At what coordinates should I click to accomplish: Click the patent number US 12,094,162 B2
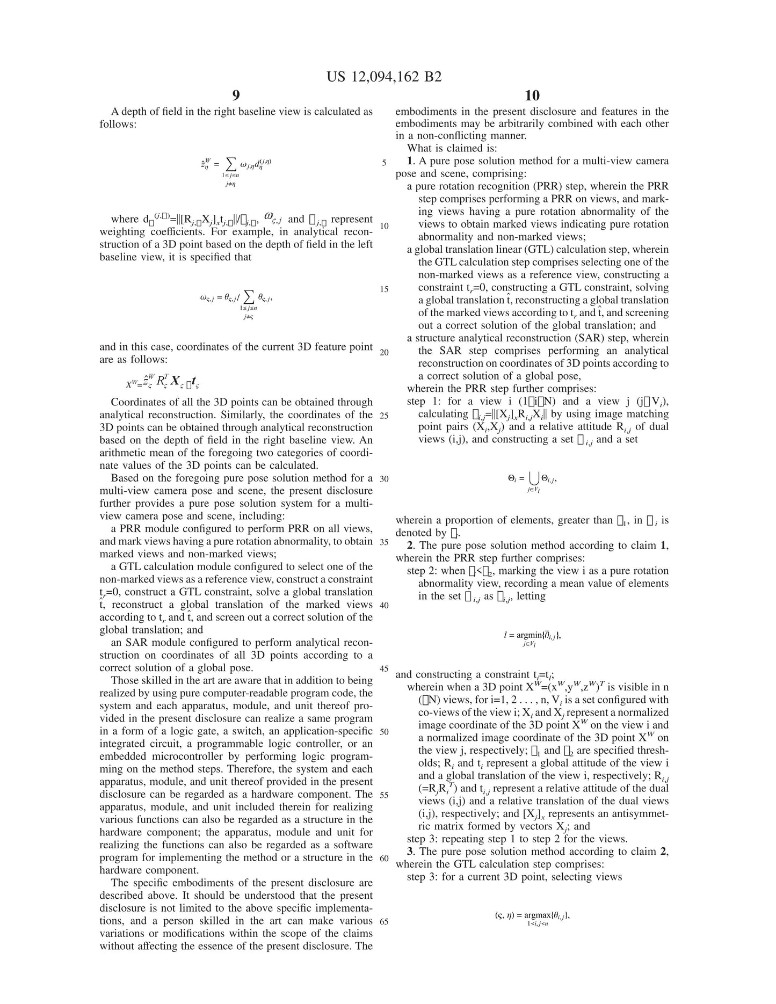click(384, 77)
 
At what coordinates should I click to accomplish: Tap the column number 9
click(236, 96)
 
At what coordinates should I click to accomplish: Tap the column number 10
click(532, 96)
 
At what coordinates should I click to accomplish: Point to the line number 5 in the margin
click(384, 163)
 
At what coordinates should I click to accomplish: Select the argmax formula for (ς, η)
click(532, 918)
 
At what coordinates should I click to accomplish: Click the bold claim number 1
click(410, 161)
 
